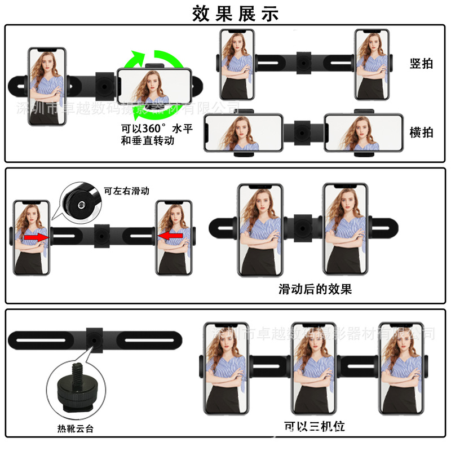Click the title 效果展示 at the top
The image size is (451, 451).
pos(235,12)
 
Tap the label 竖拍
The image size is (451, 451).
pos(421,63)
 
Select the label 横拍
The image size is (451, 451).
pos(421,132)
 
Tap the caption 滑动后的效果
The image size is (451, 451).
pos(315,290)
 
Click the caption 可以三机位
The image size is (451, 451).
pos(314,426)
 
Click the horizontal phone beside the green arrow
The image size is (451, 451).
pos(154,90)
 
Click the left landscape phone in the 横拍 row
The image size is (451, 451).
pos(243,134)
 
